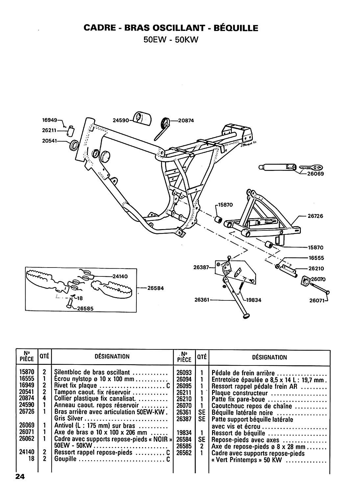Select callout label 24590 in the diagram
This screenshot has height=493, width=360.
pyautogui.click(x=120, y=120)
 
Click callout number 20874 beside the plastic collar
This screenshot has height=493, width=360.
pyautogui.click(x=186, y=121)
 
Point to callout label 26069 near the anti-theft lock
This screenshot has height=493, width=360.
pyautogui.click(x=316, y=174)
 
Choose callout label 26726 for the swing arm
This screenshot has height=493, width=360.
pyautogui.click(x=315, y=216)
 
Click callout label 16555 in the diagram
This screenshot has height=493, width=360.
pyautogui.click(x=316, y=258)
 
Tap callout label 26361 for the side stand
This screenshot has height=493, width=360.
pyautogui.click(x=202, y=300)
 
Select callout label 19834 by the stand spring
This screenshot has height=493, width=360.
pyautogui.click(x=253, y=300)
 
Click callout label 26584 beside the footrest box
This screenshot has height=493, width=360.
pyautogui.click(x=156, y=288)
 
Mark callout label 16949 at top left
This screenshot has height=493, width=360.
pyautogui.click(x=50, y=120)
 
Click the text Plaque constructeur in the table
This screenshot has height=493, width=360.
pyautogui.click(x=240, y=393)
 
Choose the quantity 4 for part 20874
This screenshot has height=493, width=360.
pyautogui.click(x=44, y=398)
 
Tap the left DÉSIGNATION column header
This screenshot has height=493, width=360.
pyautogui.click(x=112, y=356)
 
